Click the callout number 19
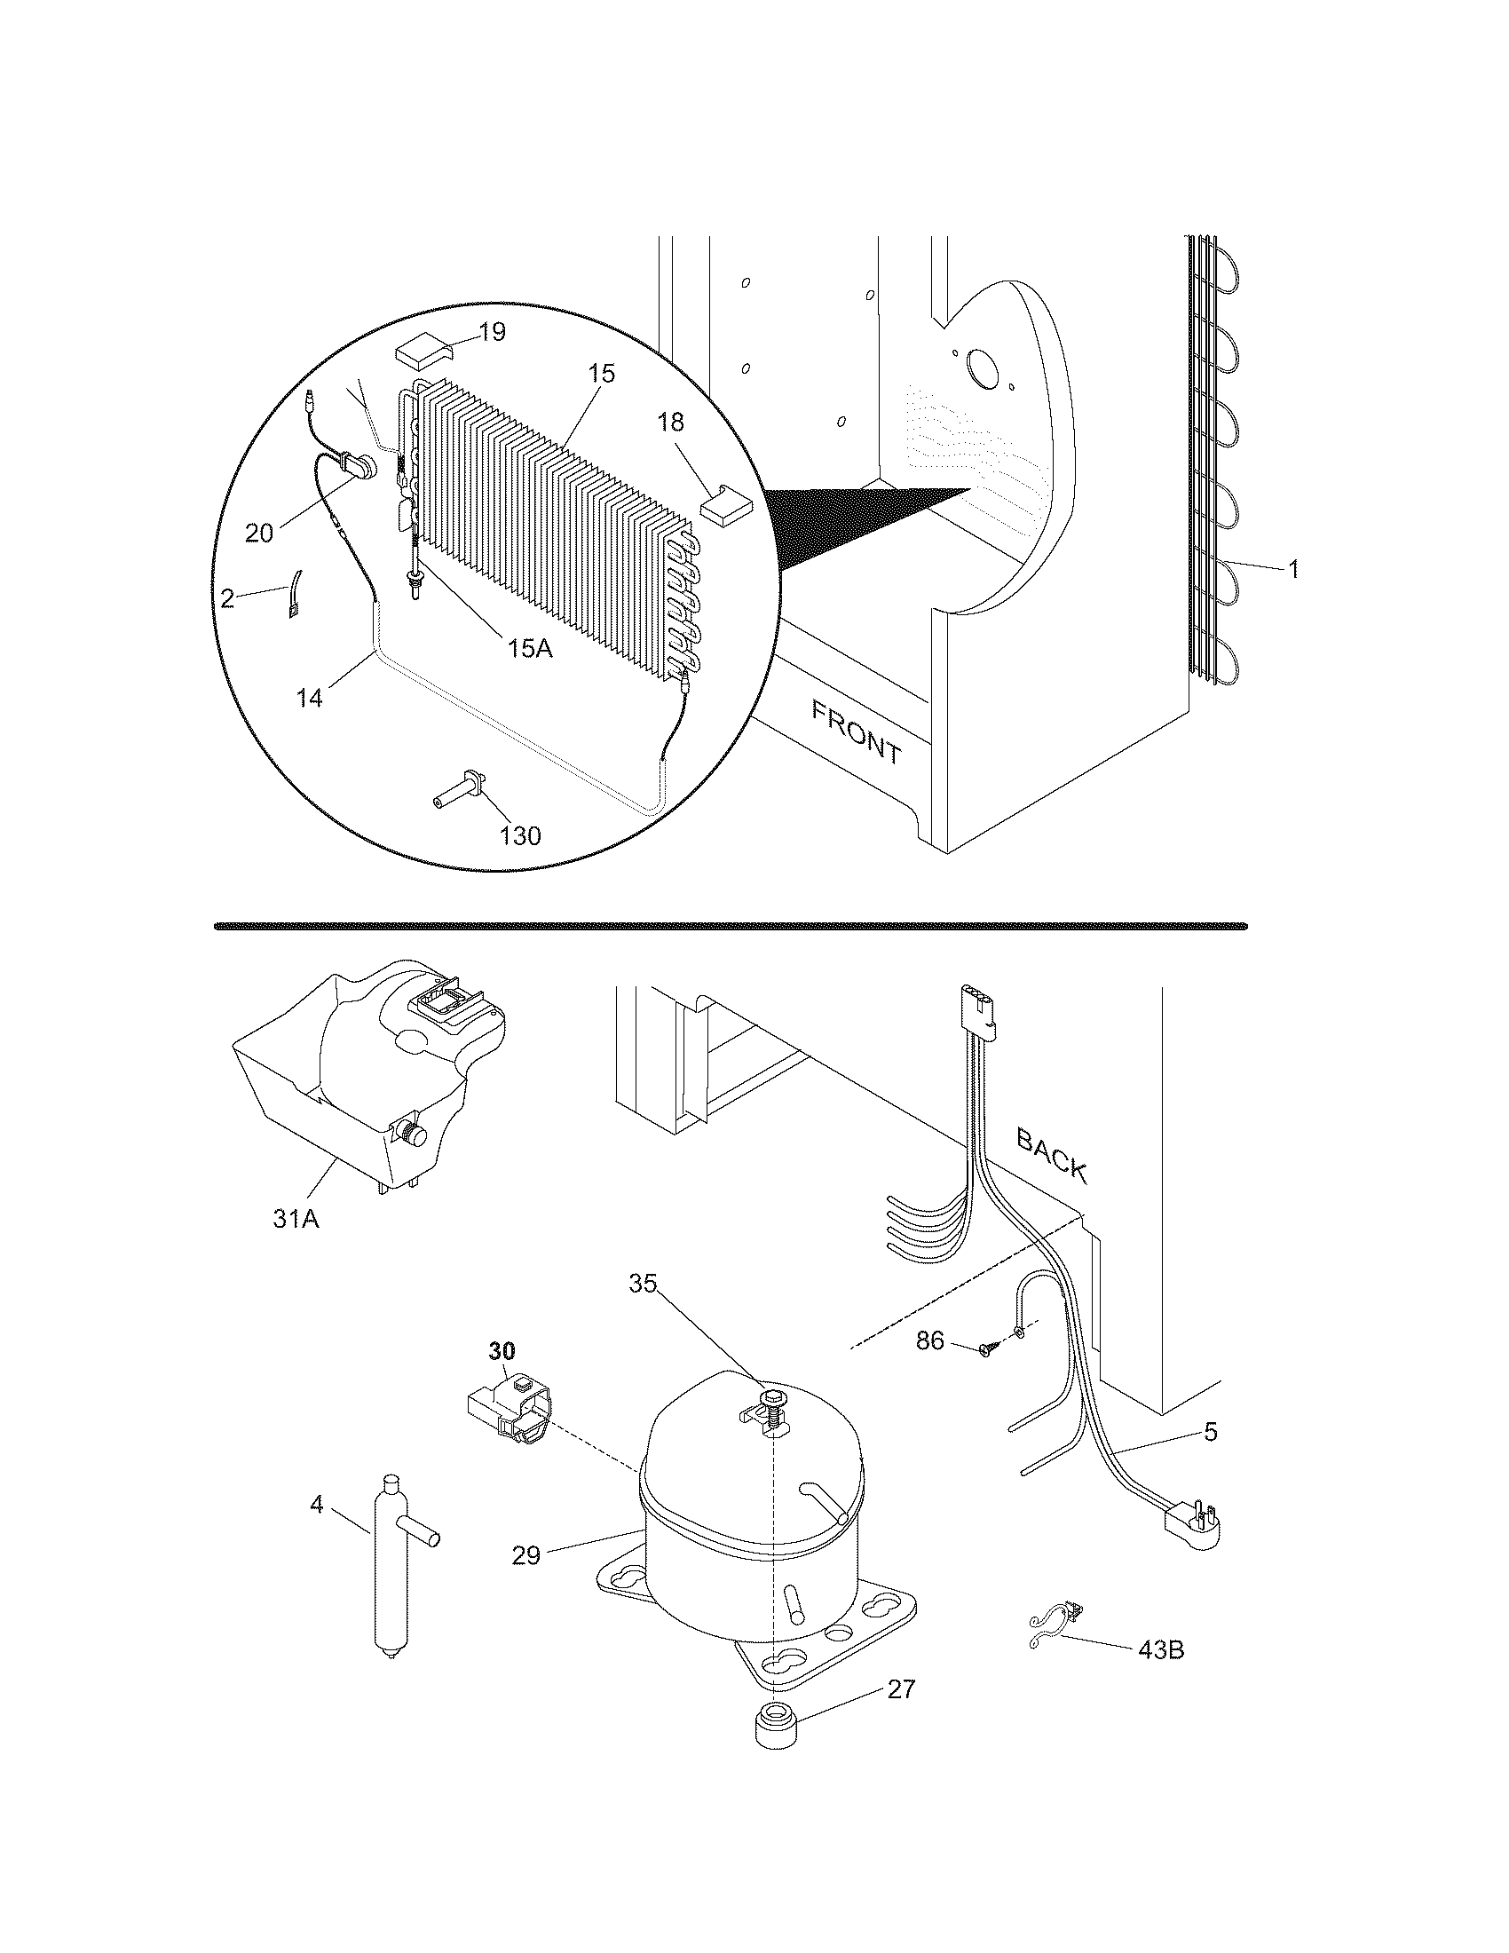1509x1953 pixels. (x=492, y=332)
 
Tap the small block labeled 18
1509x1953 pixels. (x=726, y=506)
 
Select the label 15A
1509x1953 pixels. (x=530, y=648)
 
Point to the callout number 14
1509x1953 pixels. (x=309, y=698)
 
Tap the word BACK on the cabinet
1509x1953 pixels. (x=1052, y=1155)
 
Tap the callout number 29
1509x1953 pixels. (x=526, y=1555)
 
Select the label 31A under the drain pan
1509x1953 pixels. (x=296, y=1218)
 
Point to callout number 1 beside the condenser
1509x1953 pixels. (x=1292, y=568)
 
